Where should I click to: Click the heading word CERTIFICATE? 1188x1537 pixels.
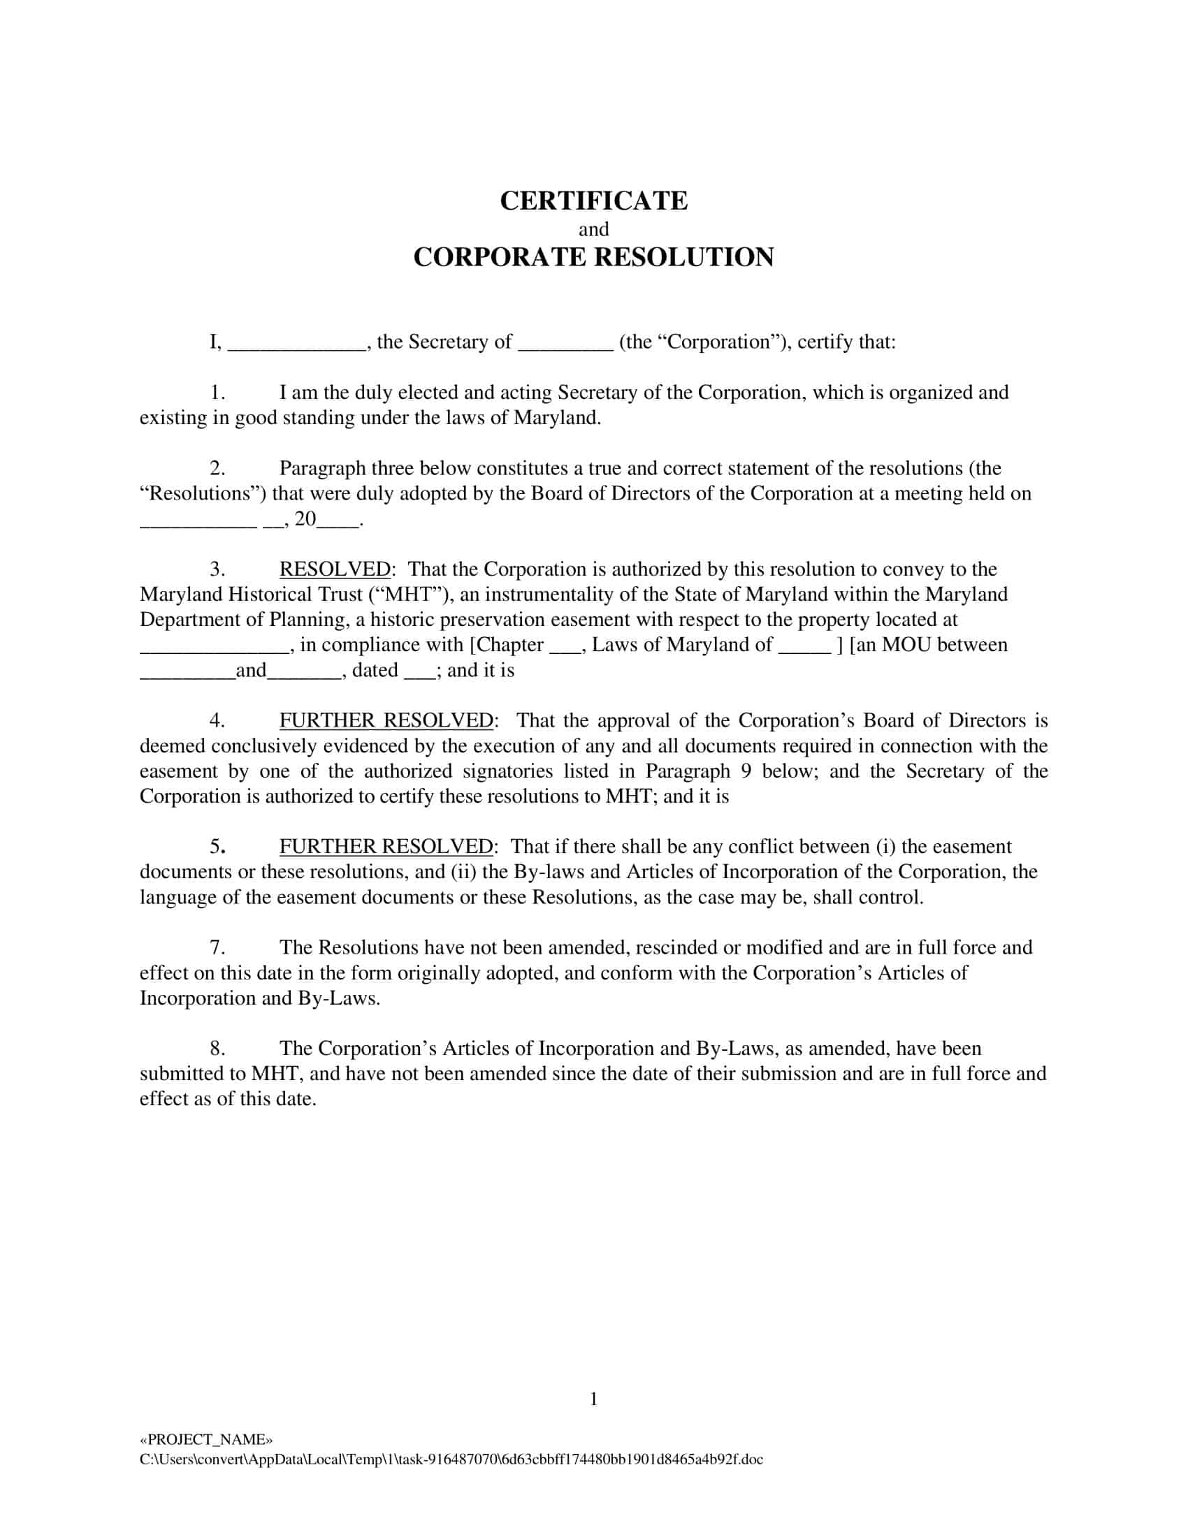(x=593, y=201)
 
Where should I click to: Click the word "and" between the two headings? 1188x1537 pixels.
(x=593, y=229)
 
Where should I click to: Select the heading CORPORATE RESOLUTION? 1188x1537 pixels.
(x=593, y=258)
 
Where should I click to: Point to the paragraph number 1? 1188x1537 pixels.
(x=217, y=393)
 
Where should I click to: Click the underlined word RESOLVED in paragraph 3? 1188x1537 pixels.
(x=335, y=569)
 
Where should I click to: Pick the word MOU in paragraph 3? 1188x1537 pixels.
(x=906, y=646)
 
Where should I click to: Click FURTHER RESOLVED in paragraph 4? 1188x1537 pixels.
(x=386, y=721)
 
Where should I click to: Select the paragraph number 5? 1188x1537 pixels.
(x=217, y=847)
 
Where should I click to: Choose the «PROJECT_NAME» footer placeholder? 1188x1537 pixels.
(x=206, y=1439)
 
